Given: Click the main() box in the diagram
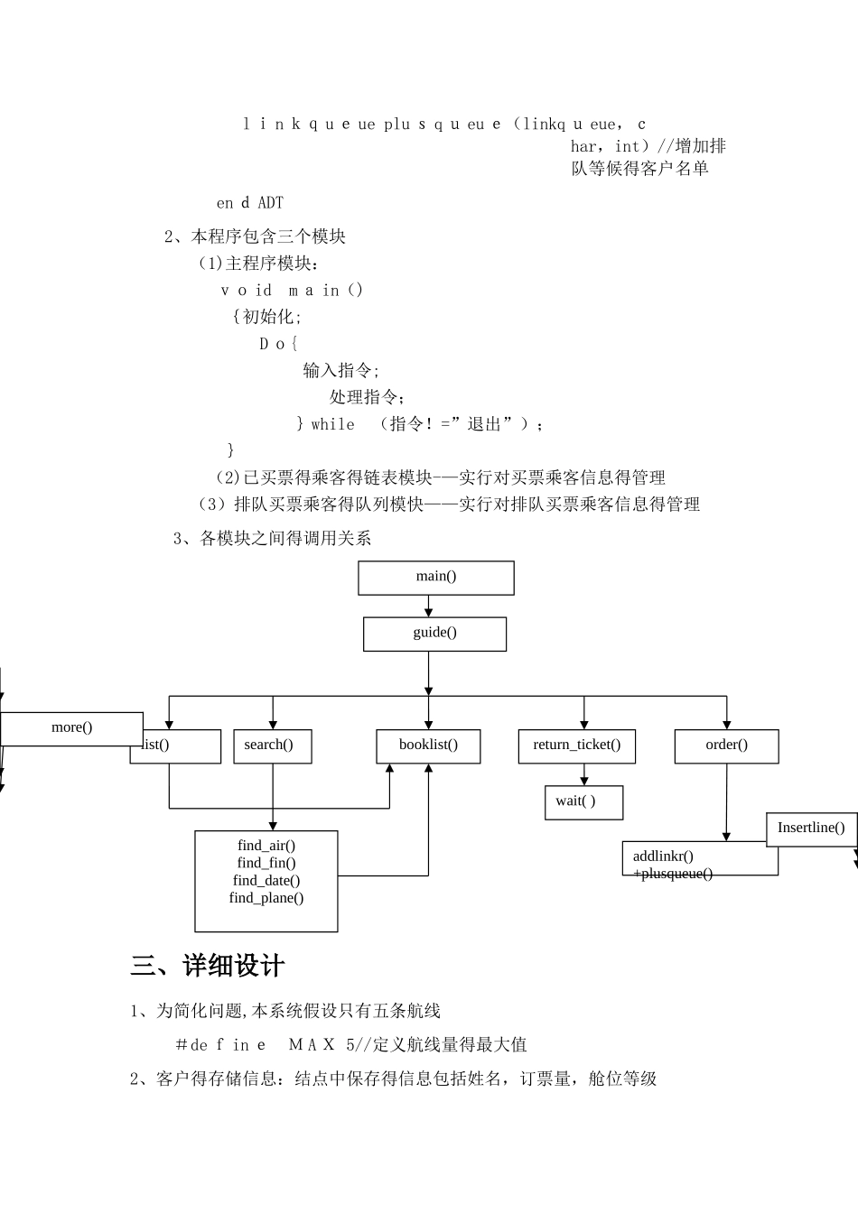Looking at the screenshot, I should [x=436, y=578].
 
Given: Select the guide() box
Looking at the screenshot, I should [x=434, y=634].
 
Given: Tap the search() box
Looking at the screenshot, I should [x=272, y=745].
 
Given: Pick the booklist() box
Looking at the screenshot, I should [x=428, y=745].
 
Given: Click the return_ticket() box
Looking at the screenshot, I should [x=577, y=745].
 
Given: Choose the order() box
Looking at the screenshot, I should [x=726, y=745].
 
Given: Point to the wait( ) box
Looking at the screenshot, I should [x=583, y=801].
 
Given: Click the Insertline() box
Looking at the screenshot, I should [x=811, y=829].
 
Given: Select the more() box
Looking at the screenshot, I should [x=71, y=728].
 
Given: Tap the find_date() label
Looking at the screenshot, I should [x=266, y=880].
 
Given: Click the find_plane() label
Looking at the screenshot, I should [x=266, y=897].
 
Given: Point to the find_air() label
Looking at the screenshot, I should [x=266, y=846].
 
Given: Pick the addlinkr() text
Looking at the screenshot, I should [x=663, y=857].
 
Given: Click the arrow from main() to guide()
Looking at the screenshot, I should [x=429, y=606].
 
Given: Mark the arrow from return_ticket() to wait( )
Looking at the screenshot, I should [x=584, y=774].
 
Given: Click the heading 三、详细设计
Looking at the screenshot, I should [x=208, y=967].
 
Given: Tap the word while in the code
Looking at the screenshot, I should [x=332, y=424].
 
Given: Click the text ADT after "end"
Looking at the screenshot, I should [x=270, y=203].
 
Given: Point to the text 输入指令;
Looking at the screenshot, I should [x=341, y=370].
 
